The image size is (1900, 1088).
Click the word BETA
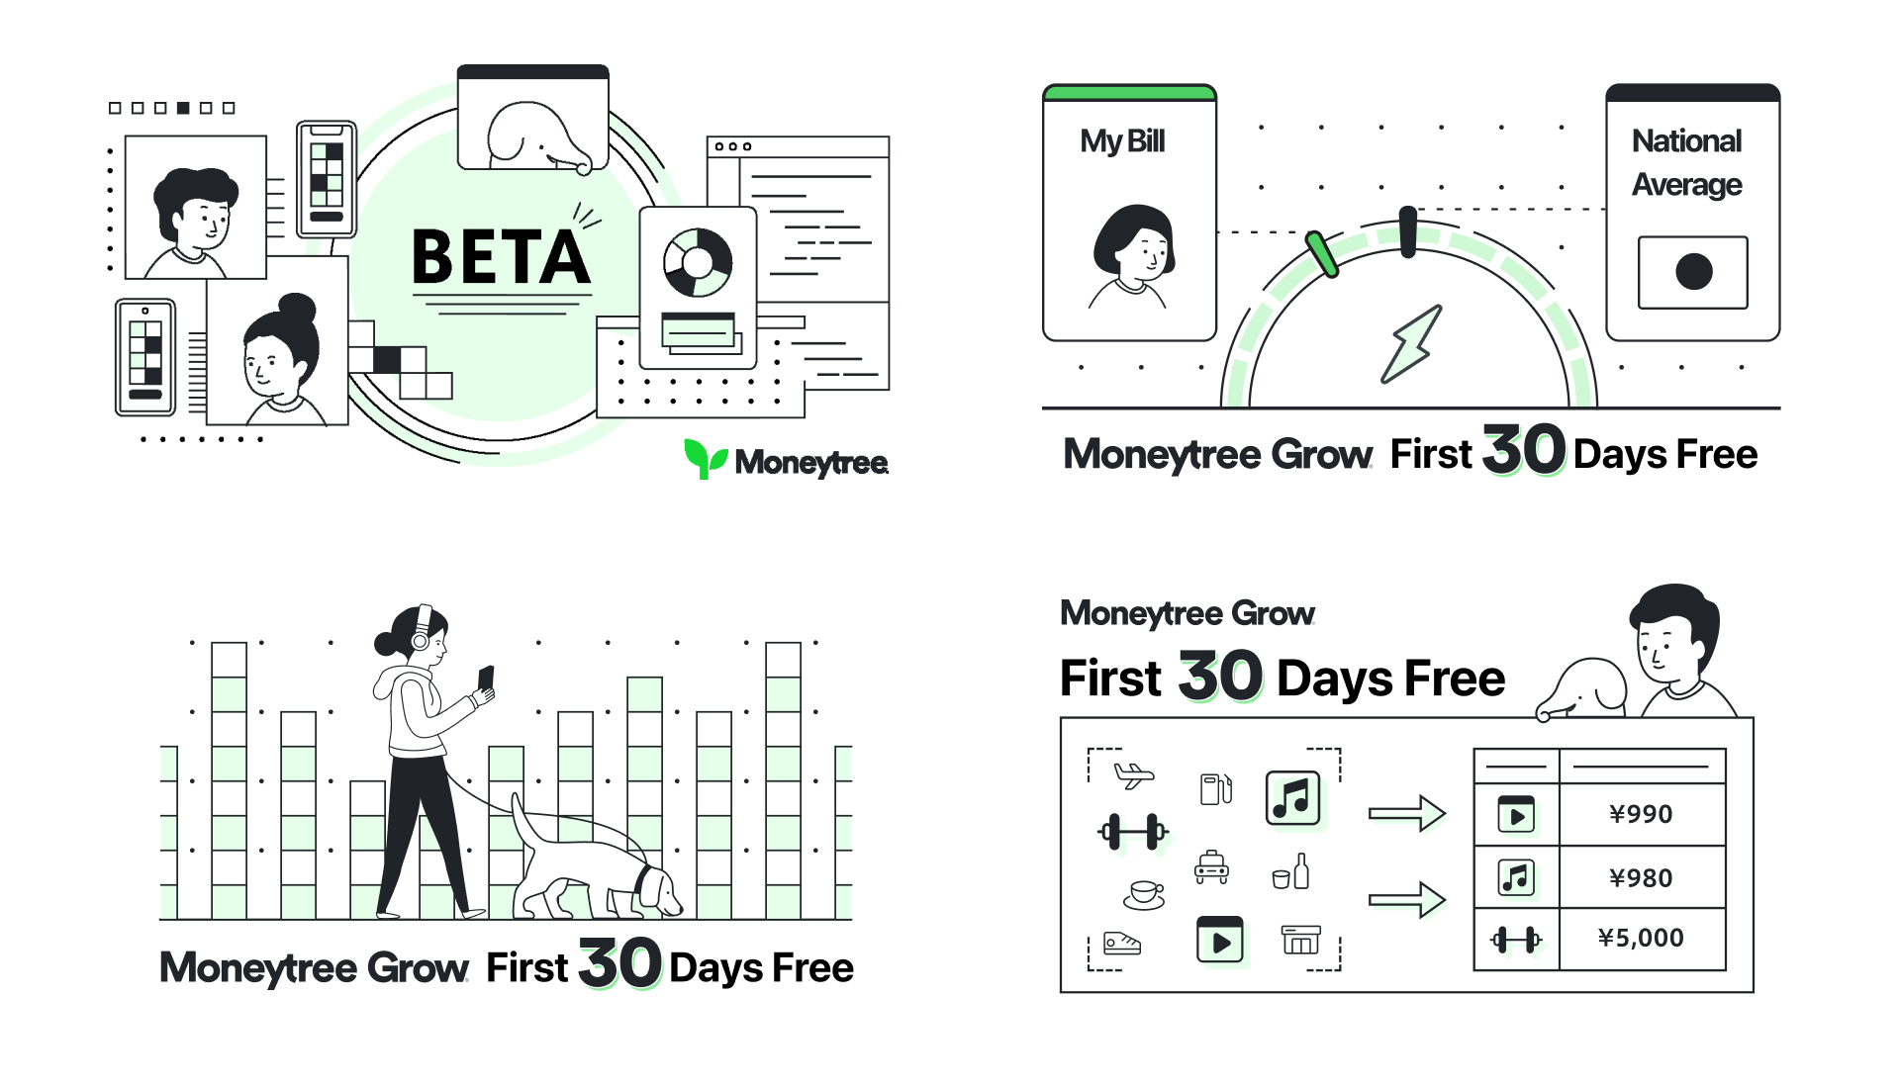point(501,257)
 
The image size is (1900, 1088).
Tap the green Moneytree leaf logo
point(706,458)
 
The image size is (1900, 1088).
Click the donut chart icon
point(698,263)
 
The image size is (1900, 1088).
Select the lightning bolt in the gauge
point(1411,343)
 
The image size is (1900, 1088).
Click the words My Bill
point(1122,141)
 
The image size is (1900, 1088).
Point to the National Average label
point(1687,162)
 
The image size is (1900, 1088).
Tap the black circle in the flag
point(1694,271)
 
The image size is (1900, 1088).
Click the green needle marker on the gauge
point(1322,254)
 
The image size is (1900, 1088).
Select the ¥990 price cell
point(1641,814)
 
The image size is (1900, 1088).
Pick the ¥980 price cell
point(1641,878)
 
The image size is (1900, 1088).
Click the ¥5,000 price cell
point(1641,938)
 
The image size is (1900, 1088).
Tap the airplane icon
point(1133,774)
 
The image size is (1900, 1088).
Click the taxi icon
point(1211,867)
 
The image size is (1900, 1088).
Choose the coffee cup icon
point(1145,893)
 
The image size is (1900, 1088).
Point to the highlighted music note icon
point(1292,798)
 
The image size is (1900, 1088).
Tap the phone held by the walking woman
point(486,679)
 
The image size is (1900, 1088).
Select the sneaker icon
point(1121,944)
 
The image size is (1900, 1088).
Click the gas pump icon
point(1215,788)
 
